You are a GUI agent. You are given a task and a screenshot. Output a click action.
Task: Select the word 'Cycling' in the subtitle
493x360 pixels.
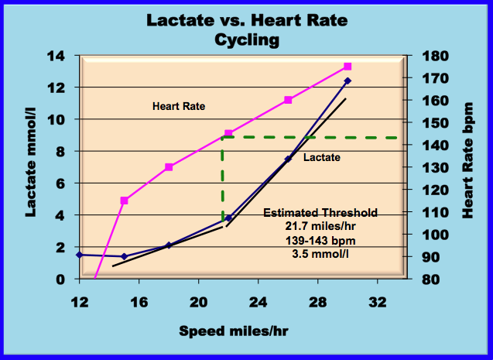tap(245, 39)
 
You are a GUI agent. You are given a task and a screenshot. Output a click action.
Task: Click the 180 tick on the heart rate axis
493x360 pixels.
tap(429, 56)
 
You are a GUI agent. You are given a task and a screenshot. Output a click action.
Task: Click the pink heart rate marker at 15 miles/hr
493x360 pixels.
tap(124, 201)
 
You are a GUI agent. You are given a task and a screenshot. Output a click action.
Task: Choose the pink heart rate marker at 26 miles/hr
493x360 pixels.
tap(288, 100)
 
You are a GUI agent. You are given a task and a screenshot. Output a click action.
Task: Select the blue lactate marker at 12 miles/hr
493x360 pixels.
tap(79, 254)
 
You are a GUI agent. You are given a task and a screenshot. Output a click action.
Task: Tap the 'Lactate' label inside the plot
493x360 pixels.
tap(322, 158)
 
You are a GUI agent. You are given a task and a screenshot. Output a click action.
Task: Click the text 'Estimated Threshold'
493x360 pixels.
tap(320, 213)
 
